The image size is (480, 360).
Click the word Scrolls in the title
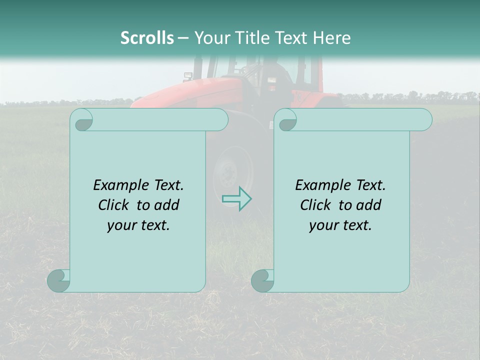(147, 38)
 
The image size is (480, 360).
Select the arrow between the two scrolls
(236, 198)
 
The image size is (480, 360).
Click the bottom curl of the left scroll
(58, 280)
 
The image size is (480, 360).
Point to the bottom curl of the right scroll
(262, 280)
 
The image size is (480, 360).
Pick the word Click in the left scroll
(114, 205)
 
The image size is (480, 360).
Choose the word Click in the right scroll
(316, 205)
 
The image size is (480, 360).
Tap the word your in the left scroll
(121, 225)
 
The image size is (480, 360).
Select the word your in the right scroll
(323, 225)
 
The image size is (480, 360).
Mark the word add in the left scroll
(166, 205)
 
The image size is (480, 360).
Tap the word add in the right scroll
(368, 205)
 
